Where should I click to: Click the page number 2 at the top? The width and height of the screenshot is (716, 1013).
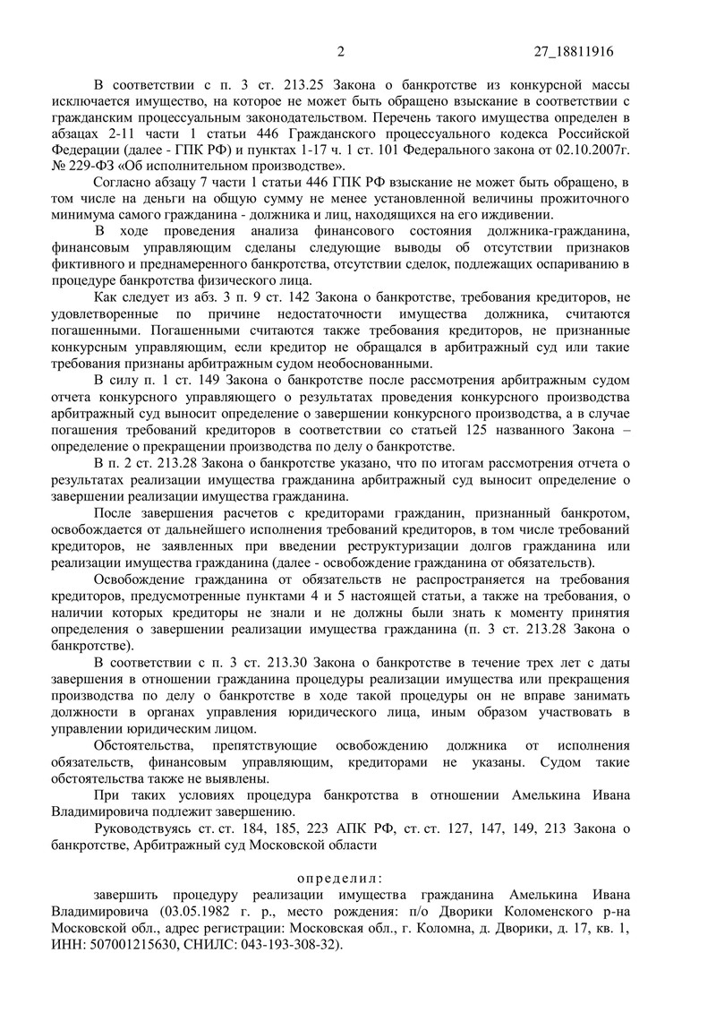341,51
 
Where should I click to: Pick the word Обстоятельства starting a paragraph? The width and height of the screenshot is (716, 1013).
142,745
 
